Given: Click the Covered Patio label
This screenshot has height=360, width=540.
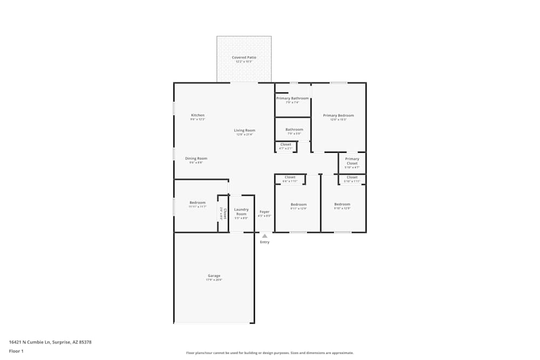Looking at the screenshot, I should point(244,57).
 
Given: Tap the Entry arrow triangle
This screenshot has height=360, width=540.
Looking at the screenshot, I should point(265,236).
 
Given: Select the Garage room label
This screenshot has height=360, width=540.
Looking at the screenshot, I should point(214,276).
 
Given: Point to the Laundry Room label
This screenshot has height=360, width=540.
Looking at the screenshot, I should point(241,212).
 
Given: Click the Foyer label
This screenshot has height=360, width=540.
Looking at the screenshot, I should point(265,212).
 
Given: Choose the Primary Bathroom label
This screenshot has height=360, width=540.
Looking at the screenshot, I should point(293,98).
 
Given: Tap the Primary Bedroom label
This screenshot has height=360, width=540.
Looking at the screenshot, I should point(339,116).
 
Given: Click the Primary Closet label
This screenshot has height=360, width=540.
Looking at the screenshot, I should point(352,161).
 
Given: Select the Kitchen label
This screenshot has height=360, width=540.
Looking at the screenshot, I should point(198,115).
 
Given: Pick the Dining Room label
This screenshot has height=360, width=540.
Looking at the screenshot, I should point(196,159).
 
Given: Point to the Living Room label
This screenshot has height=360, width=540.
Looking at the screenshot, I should point(245,130).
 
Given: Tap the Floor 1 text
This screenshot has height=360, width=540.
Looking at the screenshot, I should point(16,351).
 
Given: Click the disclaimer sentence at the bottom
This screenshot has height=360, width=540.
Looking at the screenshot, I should point(270,353).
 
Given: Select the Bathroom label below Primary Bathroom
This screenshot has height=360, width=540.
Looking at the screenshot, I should point(294,130).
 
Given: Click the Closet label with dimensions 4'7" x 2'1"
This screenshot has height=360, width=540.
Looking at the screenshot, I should point(286,145).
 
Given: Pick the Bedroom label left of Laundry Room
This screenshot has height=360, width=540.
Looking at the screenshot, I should point(197,202).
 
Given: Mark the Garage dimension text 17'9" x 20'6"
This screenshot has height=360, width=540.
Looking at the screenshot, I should point(214,280).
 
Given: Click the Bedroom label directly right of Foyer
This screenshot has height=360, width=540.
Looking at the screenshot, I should point(299,205).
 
